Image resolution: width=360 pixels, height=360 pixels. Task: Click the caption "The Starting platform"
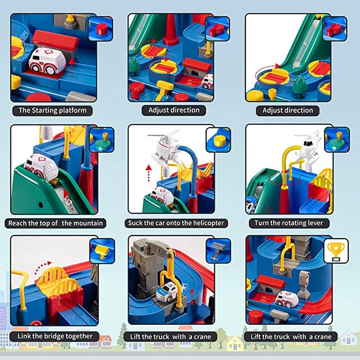(x=52, y=110)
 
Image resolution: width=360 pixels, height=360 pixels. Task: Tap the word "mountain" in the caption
(x=87, y=223)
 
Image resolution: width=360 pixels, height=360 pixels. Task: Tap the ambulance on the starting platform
(x=46, y=61)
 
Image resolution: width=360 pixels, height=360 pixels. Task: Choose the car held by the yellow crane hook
(x=168, y=292)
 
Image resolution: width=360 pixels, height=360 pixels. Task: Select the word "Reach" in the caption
(x=20, y=223)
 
